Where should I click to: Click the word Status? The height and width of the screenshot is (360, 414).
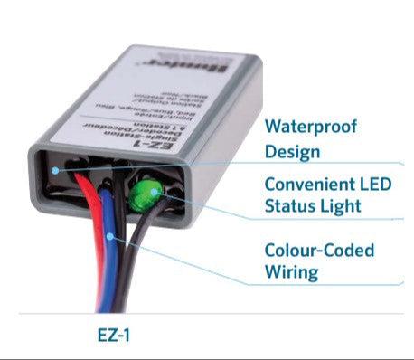288,206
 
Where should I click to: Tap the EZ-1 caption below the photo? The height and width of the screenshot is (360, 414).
115,334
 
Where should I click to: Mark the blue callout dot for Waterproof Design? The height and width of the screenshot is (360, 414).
58,170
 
